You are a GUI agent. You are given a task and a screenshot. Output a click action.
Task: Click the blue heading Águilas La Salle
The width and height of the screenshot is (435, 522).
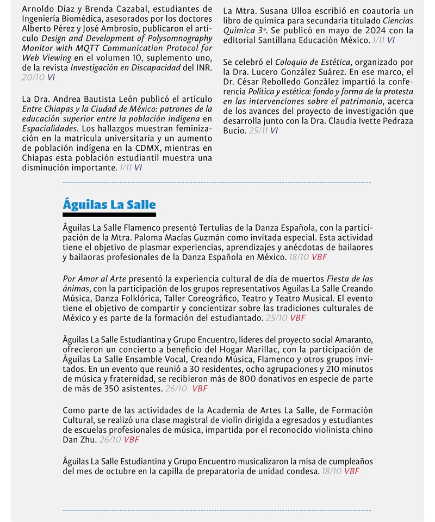pyautogui.click(x=109, y=205)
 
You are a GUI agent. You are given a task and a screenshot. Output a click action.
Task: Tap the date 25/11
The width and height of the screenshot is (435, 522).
pyautogui.click(x=258, y=131)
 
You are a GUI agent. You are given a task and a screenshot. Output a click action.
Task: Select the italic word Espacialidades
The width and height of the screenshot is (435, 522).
pyautogui.click(x=49, y=128)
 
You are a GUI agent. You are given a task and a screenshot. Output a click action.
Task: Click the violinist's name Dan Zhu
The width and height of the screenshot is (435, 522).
pyautogui.click(x=79, y=440)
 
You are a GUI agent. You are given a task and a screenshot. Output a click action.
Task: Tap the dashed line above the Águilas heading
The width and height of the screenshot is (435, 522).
pyautogui.click(x=217, y=182)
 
